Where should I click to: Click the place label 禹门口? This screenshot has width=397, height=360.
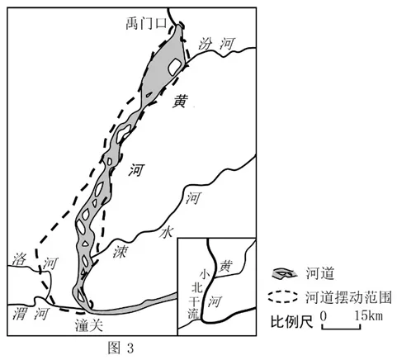coord(146,23)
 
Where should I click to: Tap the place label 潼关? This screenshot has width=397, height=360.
coord(89,326)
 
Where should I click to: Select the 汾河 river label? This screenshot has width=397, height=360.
coord(217,44)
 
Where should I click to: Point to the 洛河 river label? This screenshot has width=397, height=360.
coord(35,261)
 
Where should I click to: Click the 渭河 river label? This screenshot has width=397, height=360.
coord(31,314)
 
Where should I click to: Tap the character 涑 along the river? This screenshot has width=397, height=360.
coord(121,251)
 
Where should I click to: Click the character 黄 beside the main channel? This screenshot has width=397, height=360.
coord(180,101)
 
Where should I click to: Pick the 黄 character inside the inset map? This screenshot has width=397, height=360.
coord(225,266)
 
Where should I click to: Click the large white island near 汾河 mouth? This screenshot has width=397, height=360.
coord(174,67)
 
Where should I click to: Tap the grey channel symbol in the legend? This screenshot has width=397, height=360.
coord(284,273)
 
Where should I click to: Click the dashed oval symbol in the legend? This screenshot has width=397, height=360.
coord(282,296)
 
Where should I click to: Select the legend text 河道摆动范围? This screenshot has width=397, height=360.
coord(348,296)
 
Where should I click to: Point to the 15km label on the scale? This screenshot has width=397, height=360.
coord(368,315)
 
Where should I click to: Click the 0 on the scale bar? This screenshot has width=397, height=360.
coord(324,316)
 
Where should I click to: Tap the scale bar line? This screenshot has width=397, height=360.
coord(341,328)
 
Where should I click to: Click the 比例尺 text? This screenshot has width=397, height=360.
coord(292,321)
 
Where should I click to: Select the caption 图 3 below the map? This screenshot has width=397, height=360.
coord(121,348)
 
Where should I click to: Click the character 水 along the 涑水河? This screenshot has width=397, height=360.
coord(167,232)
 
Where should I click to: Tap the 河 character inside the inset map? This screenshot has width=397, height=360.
coord(215,301)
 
